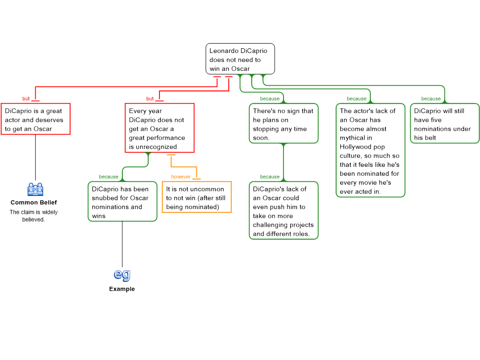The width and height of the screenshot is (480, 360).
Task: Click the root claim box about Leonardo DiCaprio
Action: click(x=240, y=59)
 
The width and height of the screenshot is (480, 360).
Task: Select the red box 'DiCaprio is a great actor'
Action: click(x=36, y=119)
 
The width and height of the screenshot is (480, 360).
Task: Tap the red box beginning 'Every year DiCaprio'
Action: click(x=159, y=128)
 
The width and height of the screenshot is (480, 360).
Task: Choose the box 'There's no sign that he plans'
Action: click(x=283, y=123)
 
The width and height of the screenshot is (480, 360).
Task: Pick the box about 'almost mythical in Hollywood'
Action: click(x=370, y=150)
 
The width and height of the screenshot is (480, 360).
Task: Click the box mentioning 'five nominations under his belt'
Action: click(x=444, y=123)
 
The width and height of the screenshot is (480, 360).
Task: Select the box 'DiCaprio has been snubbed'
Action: click(x=122, y=202)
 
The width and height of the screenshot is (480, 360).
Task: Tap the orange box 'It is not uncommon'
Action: click(x=196, y=197)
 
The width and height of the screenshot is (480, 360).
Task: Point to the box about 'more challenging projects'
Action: click(x=283, y=210)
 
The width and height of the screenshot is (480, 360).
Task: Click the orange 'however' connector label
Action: click(x=181, y=177)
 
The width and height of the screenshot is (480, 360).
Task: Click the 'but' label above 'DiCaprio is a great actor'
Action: click(x=26, y=99)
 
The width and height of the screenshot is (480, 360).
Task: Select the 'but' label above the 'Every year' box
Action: click(x=150, y=99)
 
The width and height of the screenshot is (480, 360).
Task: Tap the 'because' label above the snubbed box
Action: click(x=108, y=177)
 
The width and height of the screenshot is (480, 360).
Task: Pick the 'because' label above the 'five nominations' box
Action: click(x=431, y=99)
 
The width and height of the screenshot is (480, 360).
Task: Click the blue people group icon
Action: click(x=35, y=189)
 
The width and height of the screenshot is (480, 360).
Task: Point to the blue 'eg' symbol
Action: click(x=122, y=274)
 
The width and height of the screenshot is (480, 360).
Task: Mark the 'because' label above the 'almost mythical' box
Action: click(x=357, y=99)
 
